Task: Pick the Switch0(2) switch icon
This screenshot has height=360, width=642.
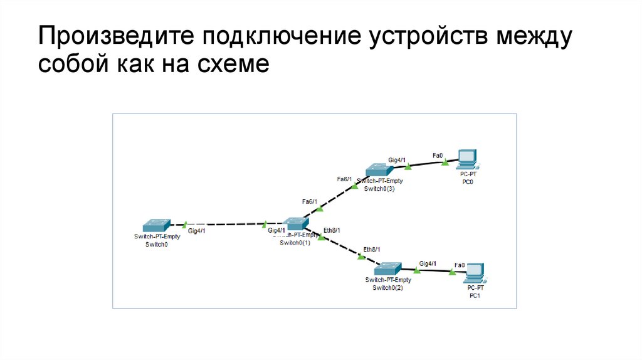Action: pyautogui.click(x=388, y=268)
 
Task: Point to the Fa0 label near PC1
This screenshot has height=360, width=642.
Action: pyautogui.click(x=460, y=265)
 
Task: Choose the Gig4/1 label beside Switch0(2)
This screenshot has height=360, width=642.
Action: pyautogui.click(x=428, y=263)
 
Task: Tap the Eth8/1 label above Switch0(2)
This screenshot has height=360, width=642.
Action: pyautogui.click(x=372, y=249)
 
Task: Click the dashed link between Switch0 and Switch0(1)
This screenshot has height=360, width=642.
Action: pyautogui.click(x=226, y=223)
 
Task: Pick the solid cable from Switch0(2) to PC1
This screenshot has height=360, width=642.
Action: pyautogui.click(x=433, y=270)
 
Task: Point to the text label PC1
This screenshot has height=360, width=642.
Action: pyautogui.click(x=475, y=295)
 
